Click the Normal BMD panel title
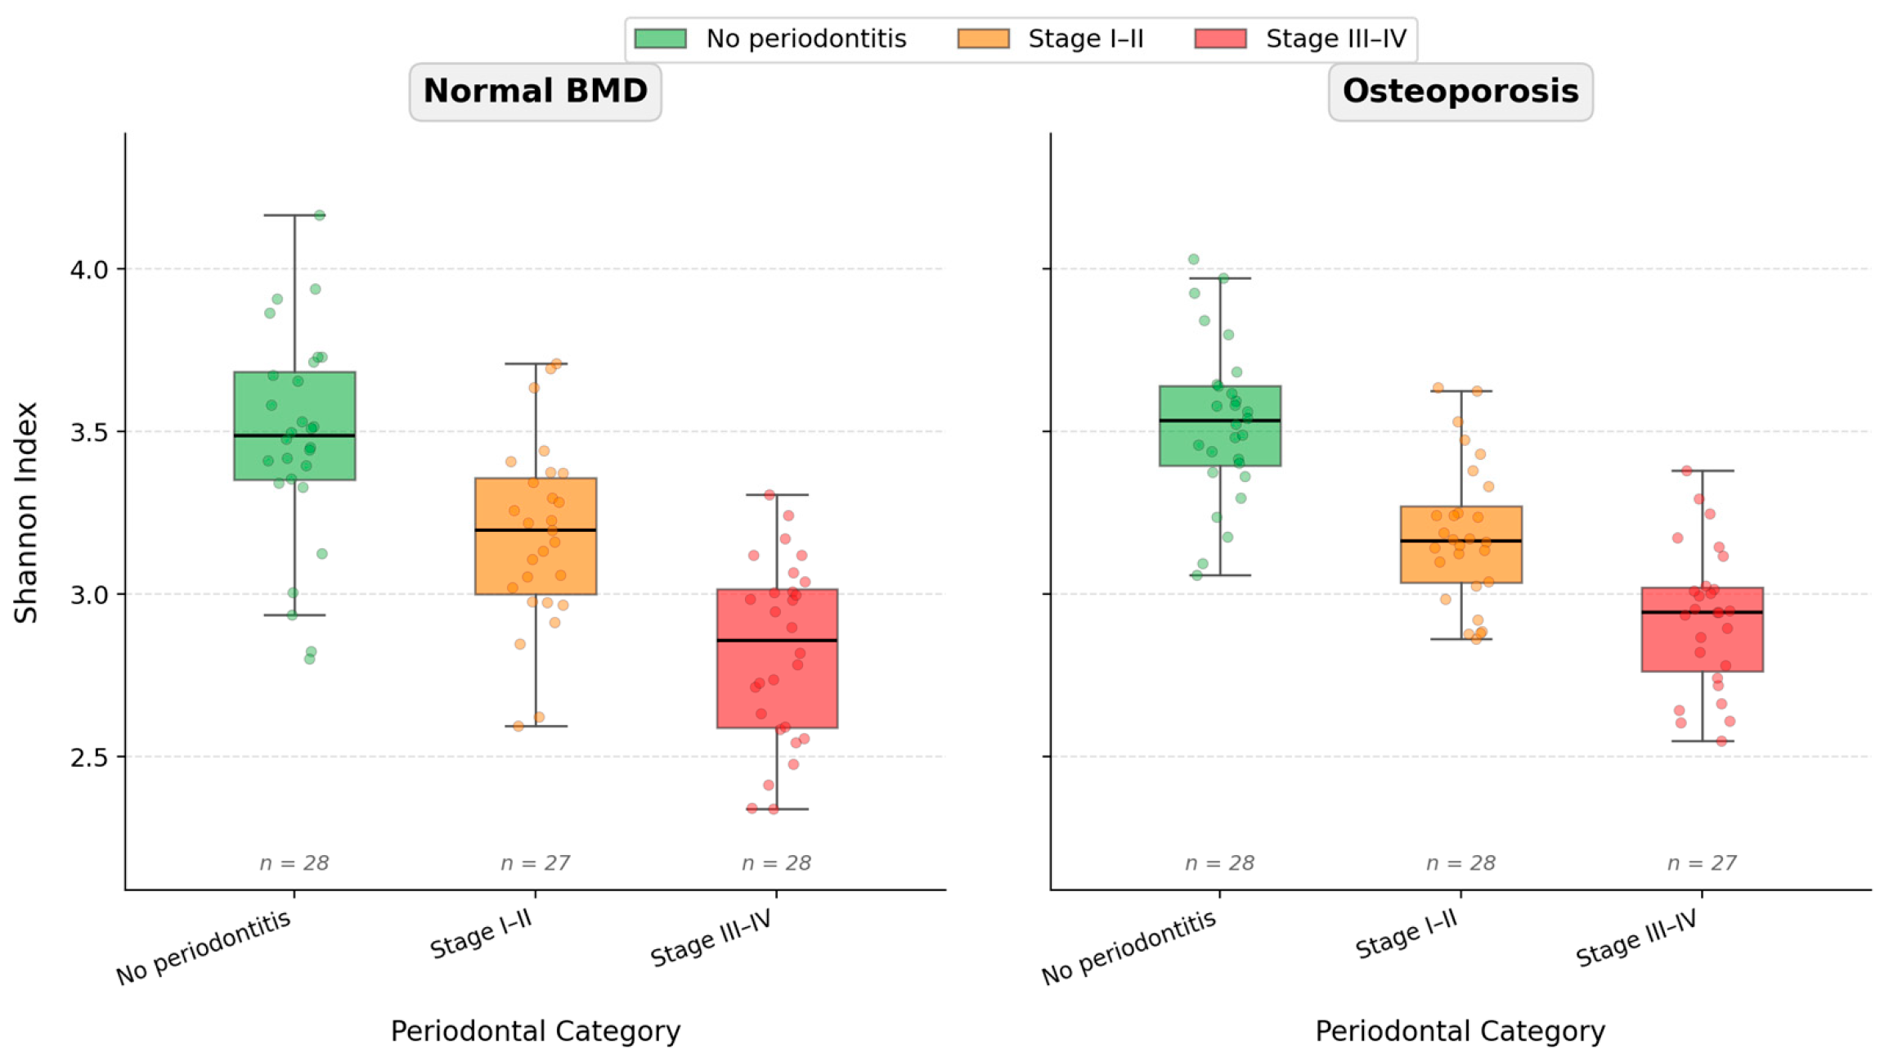(536, 91)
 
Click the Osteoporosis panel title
(1460, 91)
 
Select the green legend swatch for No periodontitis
(660, 38)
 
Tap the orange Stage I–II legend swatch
(983, 38)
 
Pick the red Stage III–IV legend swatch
(1220, 38)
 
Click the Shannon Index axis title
(26, 512)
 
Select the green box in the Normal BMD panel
(294, 426)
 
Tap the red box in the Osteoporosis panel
(1703, 629)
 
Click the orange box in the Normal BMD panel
(536, 536)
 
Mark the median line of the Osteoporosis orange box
(1461, 541)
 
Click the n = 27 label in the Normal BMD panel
(535, 863)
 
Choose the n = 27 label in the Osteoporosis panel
(1702, 863)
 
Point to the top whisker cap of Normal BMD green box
(295, 215)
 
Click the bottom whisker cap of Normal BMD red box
(777, 809)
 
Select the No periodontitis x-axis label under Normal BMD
(203, 947)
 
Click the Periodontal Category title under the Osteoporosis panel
(1460, 1031)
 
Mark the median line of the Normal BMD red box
(778, 641)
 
